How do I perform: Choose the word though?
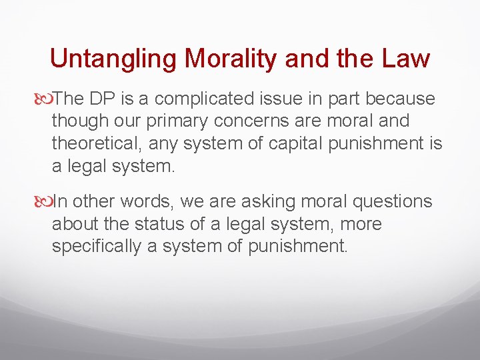pyautogui.click(x=77, y=121)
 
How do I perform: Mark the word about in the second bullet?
pyautogui.click(x=74, y=224)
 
